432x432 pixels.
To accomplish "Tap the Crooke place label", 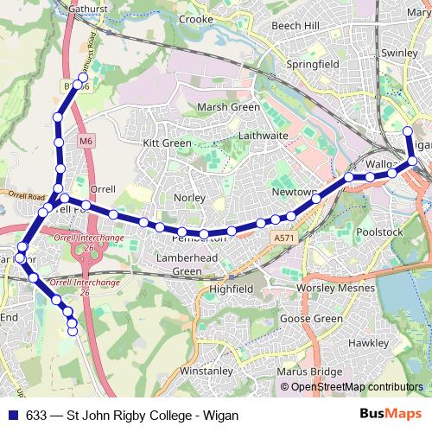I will [195, 18].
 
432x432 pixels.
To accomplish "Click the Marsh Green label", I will [228, 107].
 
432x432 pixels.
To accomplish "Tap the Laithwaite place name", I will [264, 136].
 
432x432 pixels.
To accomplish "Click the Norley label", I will [189, 198].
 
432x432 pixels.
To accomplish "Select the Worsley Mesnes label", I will [333, 286].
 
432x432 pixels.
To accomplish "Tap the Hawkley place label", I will [368, 342].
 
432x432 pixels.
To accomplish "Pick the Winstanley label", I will [206, 371].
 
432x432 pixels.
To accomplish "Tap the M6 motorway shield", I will [85, 140].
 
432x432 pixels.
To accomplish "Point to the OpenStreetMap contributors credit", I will [356, 387].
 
